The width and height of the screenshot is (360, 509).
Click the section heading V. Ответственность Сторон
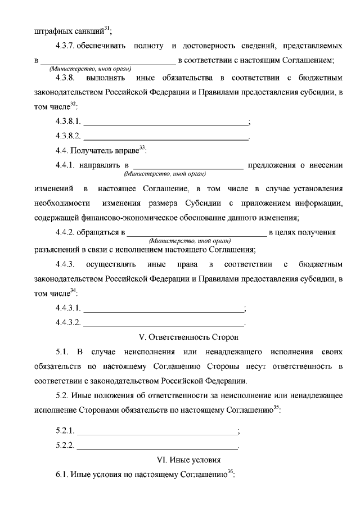coord(188,337)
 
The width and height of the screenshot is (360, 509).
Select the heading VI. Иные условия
coord(188,460)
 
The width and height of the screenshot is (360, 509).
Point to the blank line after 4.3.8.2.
coord(165,136)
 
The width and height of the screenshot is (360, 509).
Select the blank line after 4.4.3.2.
coord(164,323)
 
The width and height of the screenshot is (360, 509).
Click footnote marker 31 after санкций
coord(107,28)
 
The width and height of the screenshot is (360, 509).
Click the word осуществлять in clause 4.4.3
coord(110,264)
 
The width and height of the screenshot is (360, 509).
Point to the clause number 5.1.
coord(62,352)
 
